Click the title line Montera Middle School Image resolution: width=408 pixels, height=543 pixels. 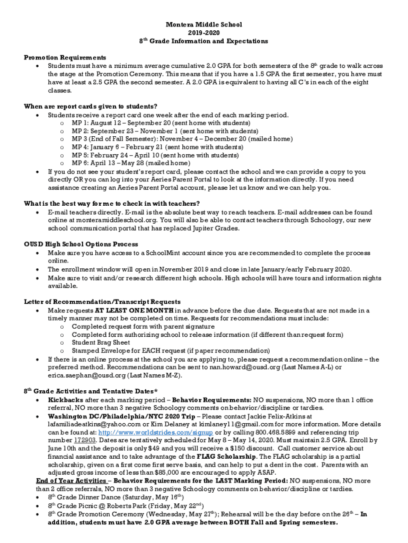point(204,24)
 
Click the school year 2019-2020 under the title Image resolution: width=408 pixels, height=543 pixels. point(204,32)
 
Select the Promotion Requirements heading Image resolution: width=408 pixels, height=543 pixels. point(65,57)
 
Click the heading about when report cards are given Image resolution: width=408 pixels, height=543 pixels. point(90,106)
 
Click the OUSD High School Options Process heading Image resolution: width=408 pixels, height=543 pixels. point(81,244)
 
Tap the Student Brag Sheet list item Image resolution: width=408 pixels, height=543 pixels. point(101,343)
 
